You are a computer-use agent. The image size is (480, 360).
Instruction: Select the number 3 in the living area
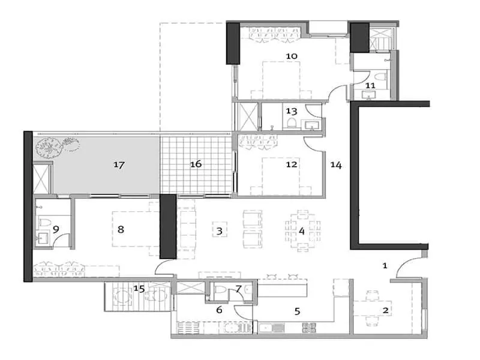(x=220, y=230)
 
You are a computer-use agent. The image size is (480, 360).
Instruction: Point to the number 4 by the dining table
(x=302, y=230)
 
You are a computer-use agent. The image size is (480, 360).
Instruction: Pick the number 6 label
(x=220, y=310)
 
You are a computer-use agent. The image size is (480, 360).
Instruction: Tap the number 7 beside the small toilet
(x=238, y=289)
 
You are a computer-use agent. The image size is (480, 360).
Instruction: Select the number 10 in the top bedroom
(x=292, y=56)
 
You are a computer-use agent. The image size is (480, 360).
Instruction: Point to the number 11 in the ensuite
(x=370, y=86)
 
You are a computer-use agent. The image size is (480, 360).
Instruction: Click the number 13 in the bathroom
(x=292, y=111)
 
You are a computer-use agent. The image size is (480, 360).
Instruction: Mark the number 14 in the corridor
(x=336, y=164)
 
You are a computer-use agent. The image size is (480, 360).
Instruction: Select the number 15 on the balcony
(x=139, y=289)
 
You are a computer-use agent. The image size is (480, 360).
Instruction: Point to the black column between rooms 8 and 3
(x=167, y=227)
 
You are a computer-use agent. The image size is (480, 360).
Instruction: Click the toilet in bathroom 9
(x=43, y=224)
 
